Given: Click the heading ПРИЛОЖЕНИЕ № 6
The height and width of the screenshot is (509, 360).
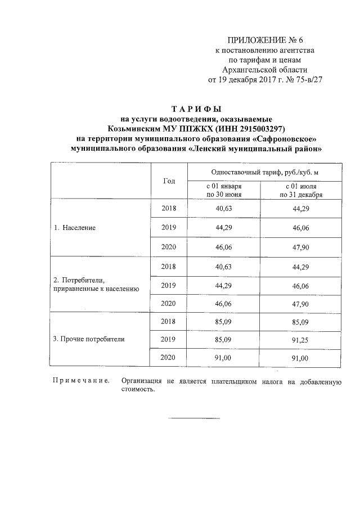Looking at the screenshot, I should (x=264, y=40).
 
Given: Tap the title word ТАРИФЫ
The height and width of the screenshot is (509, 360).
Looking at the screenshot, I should (x=197, y=108).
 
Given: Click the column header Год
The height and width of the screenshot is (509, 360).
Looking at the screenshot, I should (x=169, y=181).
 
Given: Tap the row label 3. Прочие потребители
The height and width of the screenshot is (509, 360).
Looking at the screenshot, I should (x=89, y=339).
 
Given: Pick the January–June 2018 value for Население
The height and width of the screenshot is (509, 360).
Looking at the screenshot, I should (x=224, y=208).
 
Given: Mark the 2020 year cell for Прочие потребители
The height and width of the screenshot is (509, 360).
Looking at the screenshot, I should (x=169, y=358).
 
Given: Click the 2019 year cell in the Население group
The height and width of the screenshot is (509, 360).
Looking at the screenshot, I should (x=169, y=227).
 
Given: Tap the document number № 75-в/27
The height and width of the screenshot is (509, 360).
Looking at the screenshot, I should (x=302, y=80).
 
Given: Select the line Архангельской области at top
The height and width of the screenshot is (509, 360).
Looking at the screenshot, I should (x=264, y=70).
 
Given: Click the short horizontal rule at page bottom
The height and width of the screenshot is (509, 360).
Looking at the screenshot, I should (x=195, y=418).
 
